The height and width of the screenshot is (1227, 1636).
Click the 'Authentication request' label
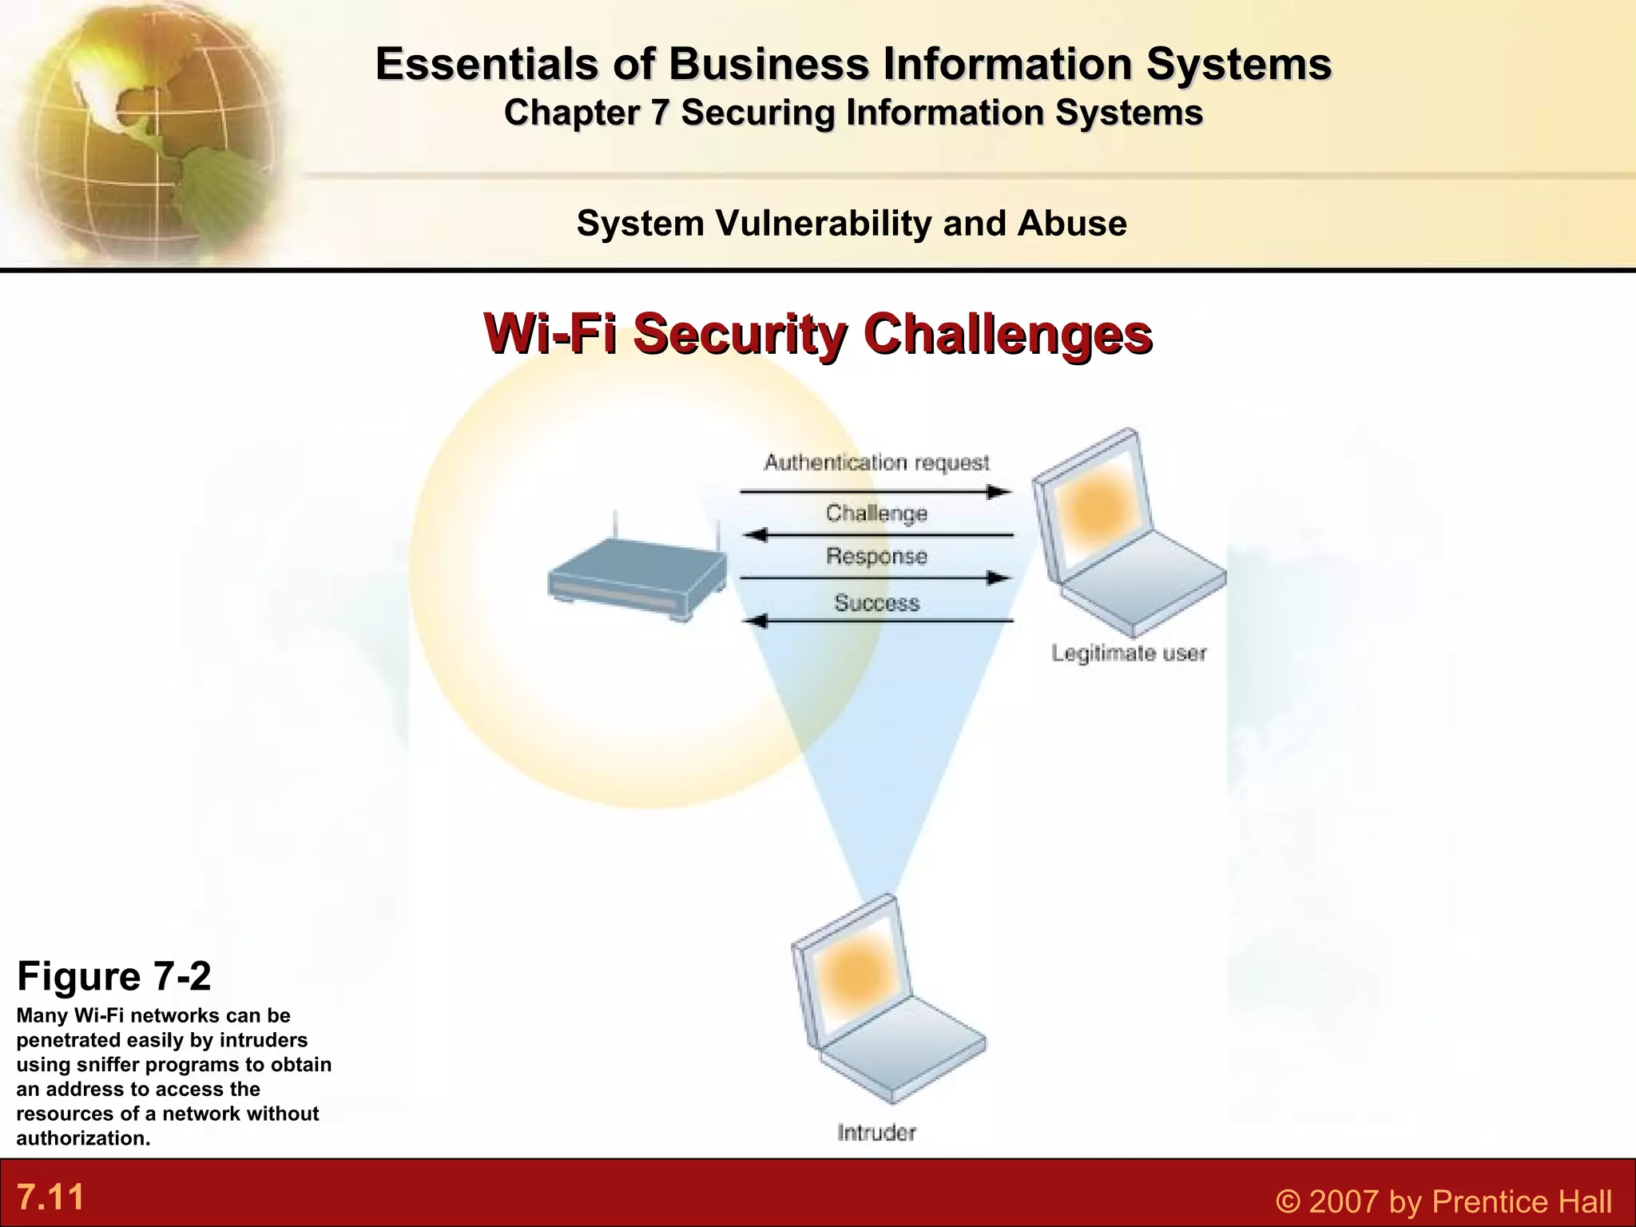pyautogui.click(x=876, y=463)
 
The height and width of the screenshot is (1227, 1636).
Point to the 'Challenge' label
pyautogui.click(x=876, y=513)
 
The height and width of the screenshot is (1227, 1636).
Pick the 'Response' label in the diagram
pyautogui.click(x=876, y=556)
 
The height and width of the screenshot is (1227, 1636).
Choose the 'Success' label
pyautogui.click(x=876, y=602)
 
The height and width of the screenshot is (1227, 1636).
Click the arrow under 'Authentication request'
pyautogui.click(x=876, y=491)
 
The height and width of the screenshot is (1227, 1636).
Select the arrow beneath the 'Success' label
pyautogui.click(x=876, y=621)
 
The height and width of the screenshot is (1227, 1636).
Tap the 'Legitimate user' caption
pyautogui.click(x=1128, y=653)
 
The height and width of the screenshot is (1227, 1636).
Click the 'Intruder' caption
pyautogui.click(x=876, y=1132)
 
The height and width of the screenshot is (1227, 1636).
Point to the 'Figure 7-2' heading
pyautogui.click(x=113, y=976)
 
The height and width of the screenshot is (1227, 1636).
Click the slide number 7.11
pyautogui.click(x=51, y=1197)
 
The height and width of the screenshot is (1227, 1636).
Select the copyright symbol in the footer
pyautogui.click(x=1287, y=1201)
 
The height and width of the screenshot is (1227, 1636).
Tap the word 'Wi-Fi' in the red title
pyautogui.click(x=550, y=334)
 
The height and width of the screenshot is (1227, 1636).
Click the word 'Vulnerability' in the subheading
pyautogui.click(x=823, y=224)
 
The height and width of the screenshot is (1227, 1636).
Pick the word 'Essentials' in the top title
pyautogui.click(x=486, y=64)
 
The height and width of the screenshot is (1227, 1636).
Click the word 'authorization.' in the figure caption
pyautogui.click(x=83, y=1138)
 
